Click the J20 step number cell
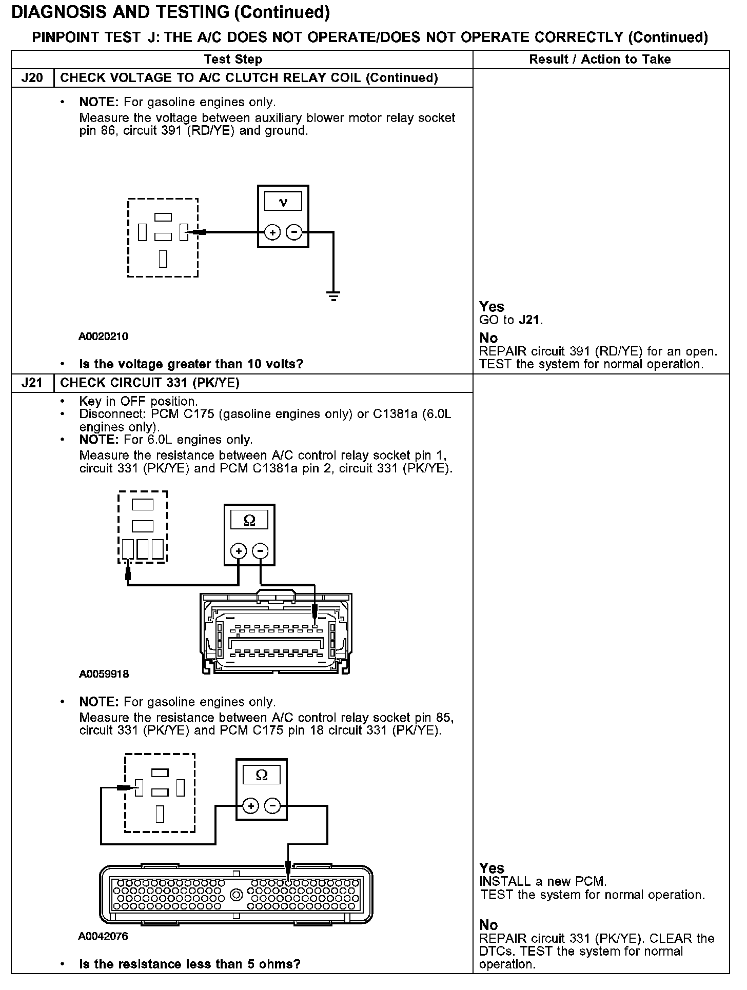tap(32, 78)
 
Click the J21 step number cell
tap(32, 383)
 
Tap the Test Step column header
tap(233, 60)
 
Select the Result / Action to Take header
tap(600, 60)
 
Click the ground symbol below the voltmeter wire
tap(333, 295)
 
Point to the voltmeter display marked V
tap(283, 202)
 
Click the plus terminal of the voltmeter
tap(272, 232)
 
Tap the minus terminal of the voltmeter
tap(294, 232)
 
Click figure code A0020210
tap(103, 336)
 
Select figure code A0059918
tap(104, 674)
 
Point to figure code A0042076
tap(103, 936)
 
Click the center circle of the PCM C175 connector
tap(236, 895)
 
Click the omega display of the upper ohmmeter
tap(249, 521)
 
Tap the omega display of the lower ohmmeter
tap(262, 775)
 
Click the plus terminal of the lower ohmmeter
tap(250, 806)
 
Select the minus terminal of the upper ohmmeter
tap(261, 551)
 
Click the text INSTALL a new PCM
tap(543, 882)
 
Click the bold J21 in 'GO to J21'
tap(529, 320)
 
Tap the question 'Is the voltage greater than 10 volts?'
tap(191, 364)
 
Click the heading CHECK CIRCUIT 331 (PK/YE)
tap(150, 383)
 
